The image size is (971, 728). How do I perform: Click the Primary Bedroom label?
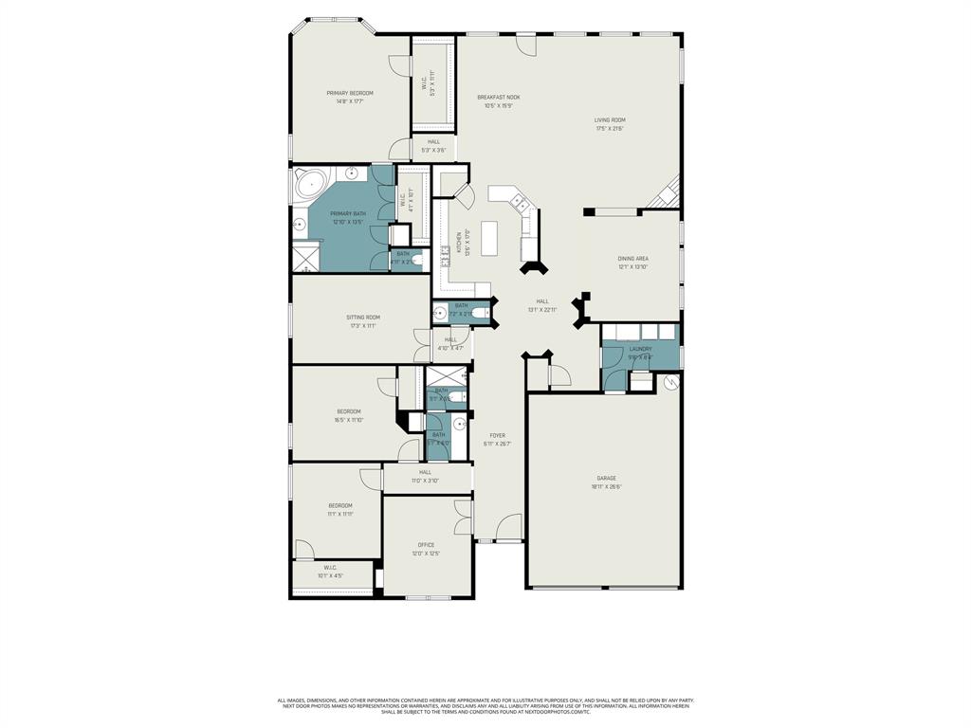click(x=350, y=93)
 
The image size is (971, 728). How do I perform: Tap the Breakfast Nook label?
click(x=498, y=97)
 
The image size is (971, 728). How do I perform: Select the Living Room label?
click(x=610, y=120)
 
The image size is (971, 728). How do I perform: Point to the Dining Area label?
click(x=632, y=258)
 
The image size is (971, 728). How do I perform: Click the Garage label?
click(x=606, y=478)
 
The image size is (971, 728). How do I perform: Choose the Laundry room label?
click(x=640, y=349)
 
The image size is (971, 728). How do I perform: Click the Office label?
click(x=426, y=545)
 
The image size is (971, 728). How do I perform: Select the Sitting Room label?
click(x=362, y=318)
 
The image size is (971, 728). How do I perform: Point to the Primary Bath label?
click(x=348, y=213)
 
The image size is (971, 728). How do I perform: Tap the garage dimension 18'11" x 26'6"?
click(x=606, y=486)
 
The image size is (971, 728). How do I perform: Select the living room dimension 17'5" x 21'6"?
click(x=610, y=129)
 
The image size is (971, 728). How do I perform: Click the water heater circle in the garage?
click(x=671, y=383)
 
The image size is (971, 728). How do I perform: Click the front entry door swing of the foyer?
click(x=510, y=527)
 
